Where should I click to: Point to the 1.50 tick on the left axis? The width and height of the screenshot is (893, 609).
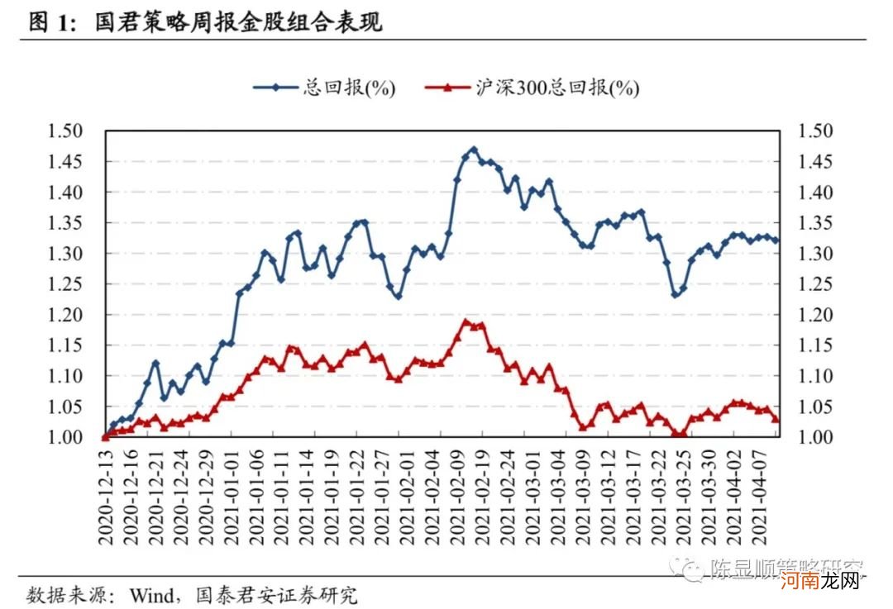coord(66,131)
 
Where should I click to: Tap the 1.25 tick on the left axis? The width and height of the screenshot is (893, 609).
coord(66,284)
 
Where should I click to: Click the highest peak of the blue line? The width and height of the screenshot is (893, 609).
coord(474,150)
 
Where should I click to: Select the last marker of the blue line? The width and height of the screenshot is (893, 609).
coord(776,241)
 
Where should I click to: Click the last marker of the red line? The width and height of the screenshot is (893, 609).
coord(776,420)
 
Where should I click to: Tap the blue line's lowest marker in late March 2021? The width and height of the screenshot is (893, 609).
coord(675,294)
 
